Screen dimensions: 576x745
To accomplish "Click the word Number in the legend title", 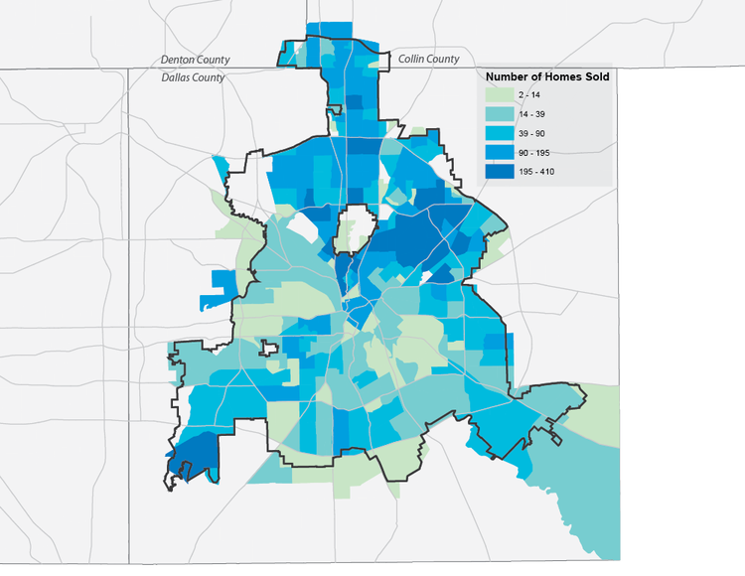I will point(507,76).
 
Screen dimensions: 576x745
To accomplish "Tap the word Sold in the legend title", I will point(594,76).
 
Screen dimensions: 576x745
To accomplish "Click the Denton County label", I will point(195,60).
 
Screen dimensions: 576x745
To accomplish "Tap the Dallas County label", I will point(193,76).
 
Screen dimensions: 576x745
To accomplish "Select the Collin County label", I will point(428,60).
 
